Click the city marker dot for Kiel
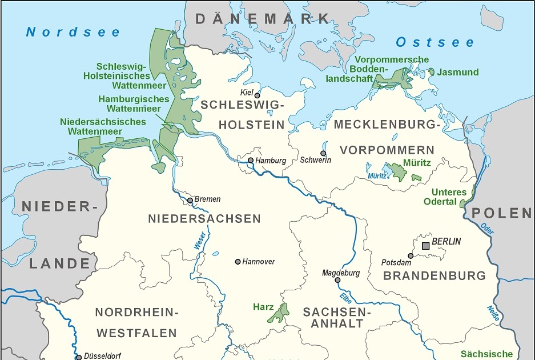tap(257, 95)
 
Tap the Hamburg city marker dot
tap(250, 161)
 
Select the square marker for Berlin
tap(425, 246)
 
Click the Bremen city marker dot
tap(190, 201)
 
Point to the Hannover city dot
tap(238, 262)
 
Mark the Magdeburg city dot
tap(337, 280)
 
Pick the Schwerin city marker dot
tap(323, 153)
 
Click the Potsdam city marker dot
tap(410, 256)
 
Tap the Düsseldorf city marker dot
tap(79, 357)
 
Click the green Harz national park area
tap(278, 314)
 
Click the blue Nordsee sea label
tap(73, 32)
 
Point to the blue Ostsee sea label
tap(435, 42)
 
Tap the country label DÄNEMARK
tap(263, 18)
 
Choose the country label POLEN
tap(501, 213)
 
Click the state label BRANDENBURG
tap(434, 275)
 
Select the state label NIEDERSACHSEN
tap(204, 218)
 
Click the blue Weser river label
tap(200, 241)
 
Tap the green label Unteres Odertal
tap(449, 197)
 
